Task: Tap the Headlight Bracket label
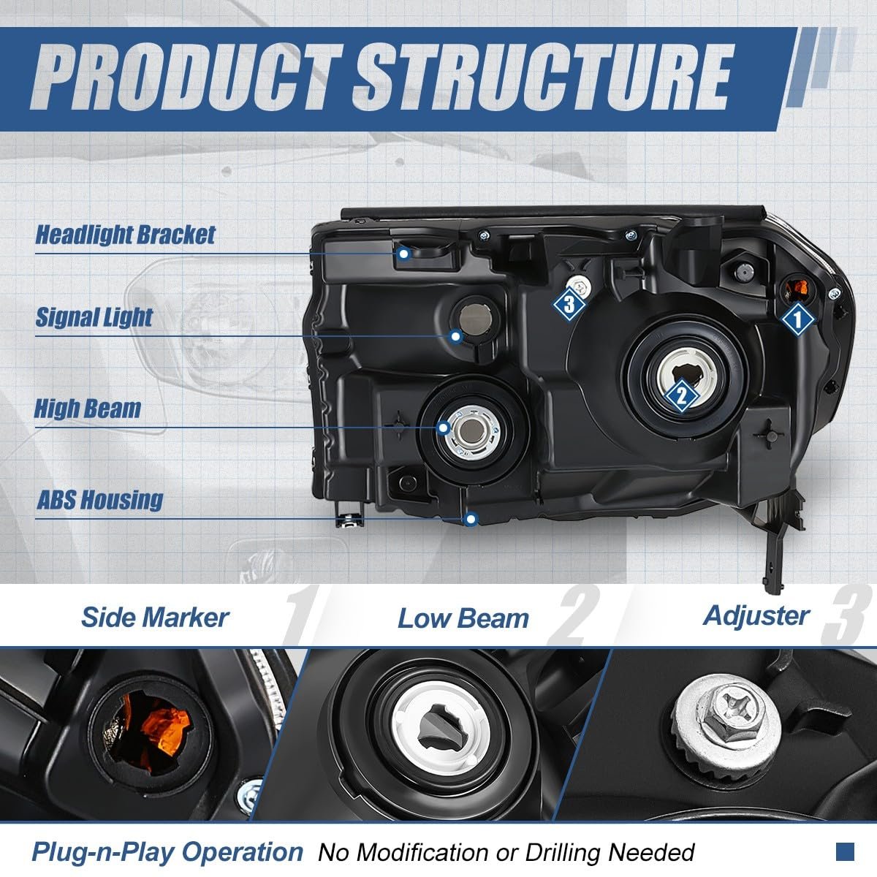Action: (126, 235)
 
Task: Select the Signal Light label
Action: (94, 317)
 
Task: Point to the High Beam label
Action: (88, 409)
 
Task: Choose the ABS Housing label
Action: (100, 500)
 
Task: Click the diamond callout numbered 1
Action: (796, 319)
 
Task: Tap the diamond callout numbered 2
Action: (681, 395)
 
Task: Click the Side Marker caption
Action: (155, 618)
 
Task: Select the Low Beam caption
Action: (463, 618)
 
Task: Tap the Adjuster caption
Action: (756, 615)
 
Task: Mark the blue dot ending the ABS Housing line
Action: (471, 519)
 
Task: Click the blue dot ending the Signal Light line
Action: (456, 336)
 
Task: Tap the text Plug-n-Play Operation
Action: (167, 851)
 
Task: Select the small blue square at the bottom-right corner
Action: (845, 851)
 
